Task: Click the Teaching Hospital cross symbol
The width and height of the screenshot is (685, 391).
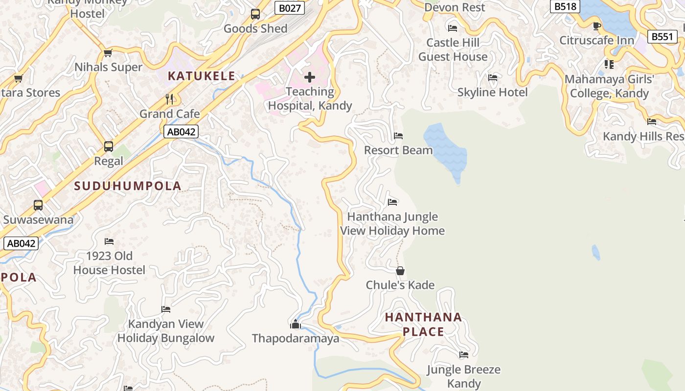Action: point(309,77)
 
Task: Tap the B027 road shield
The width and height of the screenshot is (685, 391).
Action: point(289,8)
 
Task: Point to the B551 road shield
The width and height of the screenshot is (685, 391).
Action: point(662,37)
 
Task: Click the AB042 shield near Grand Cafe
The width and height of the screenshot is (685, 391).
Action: point(181,131)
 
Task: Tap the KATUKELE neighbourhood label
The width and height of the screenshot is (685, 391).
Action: point(202,76)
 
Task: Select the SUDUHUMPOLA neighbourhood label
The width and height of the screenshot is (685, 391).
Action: point(128,186)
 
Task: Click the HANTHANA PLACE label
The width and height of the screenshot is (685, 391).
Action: point(423,324)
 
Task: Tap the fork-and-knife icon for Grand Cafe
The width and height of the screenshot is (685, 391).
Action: point(169,99)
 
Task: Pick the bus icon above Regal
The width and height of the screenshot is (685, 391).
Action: point(109,147)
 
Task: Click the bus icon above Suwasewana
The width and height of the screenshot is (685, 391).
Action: point(38,205)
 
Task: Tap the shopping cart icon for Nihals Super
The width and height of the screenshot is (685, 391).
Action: point(108,53)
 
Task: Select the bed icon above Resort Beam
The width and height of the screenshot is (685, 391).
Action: point(398,136)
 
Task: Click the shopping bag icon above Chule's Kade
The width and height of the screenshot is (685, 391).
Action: point(400,271)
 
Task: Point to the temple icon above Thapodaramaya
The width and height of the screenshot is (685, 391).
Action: point(295,324)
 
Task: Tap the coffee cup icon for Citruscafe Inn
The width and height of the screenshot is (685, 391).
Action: point(596,26)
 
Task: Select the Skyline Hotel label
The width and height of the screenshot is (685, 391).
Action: point(492,92)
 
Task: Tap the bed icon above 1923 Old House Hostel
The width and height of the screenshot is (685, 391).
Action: point(109,241)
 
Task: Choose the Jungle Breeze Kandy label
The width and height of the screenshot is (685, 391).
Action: point(464,376)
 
